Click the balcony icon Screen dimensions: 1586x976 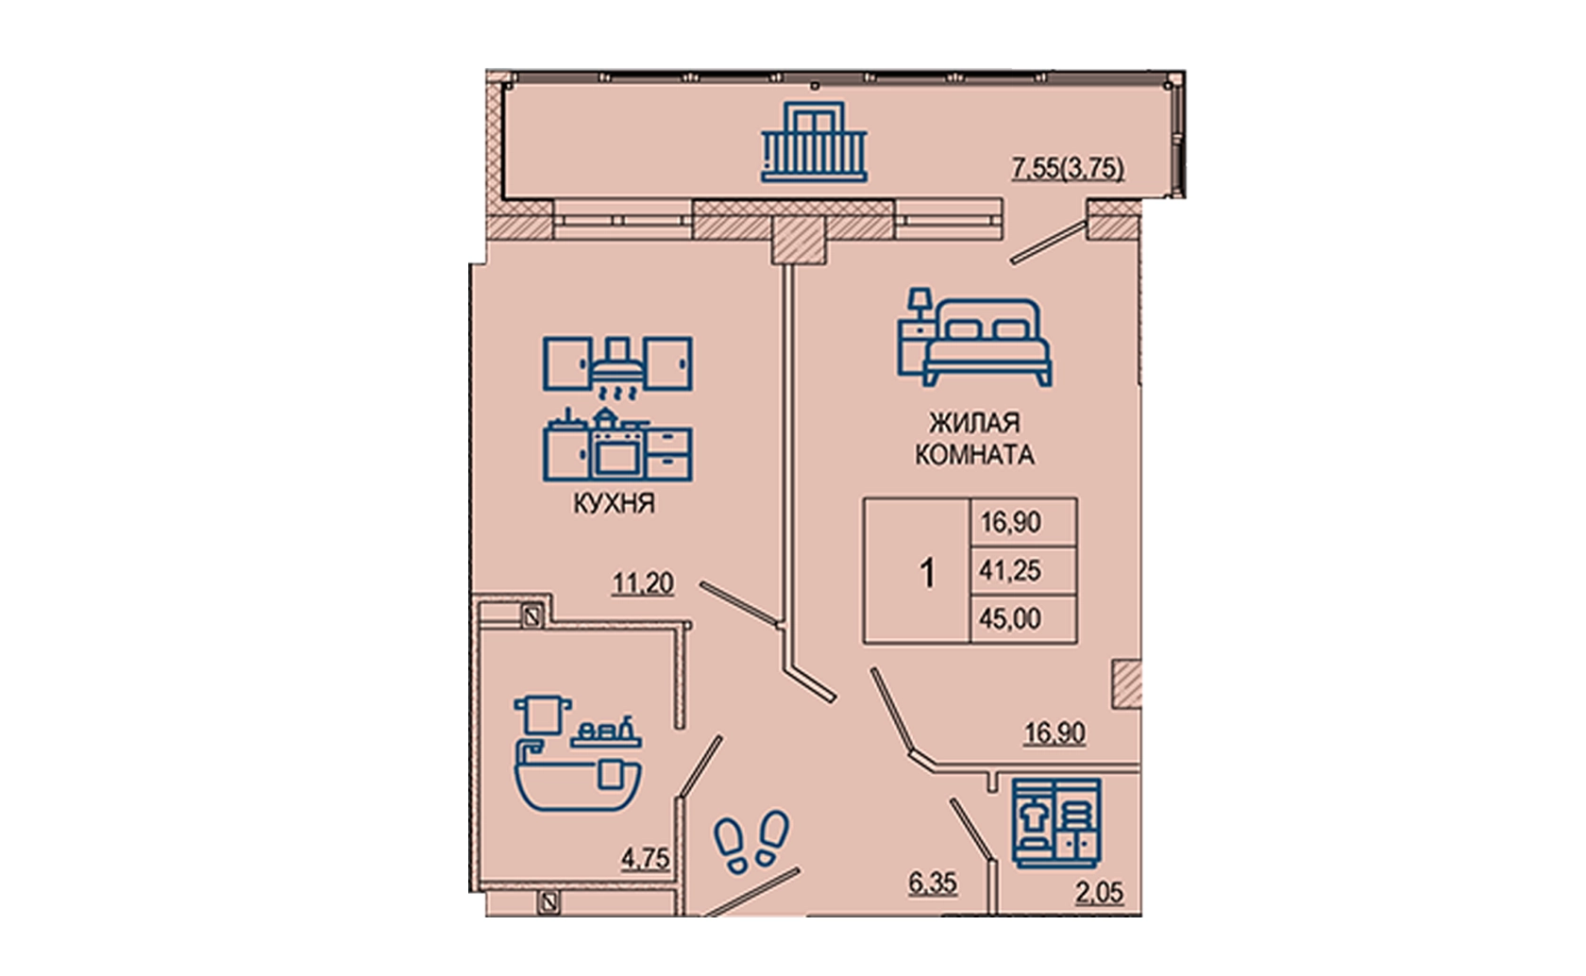click(814, 142)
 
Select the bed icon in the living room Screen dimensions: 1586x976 click(975, 337)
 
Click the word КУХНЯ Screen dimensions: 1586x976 click(614, 503)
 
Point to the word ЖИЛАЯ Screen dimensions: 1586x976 click(975, 423)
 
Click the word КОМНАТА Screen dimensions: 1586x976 click(975, 455)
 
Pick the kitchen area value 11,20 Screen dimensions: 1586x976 click(643, 584)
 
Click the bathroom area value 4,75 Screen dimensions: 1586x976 click(645, 859)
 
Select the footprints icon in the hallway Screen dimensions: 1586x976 click(751, 841)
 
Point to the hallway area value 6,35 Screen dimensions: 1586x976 click(933, 883)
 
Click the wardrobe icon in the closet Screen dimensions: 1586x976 click(1056, 823)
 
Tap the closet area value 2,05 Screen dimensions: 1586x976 click(1100, 893)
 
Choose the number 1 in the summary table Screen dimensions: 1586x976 click(927, 573)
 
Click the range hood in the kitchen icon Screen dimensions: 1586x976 click(618, 361)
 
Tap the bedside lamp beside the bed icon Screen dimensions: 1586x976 click(920, 302)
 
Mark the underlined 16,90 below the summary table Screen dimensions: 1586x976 click(1055, 733)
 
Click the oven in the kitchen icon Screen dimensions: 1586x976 click(618, 452)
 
